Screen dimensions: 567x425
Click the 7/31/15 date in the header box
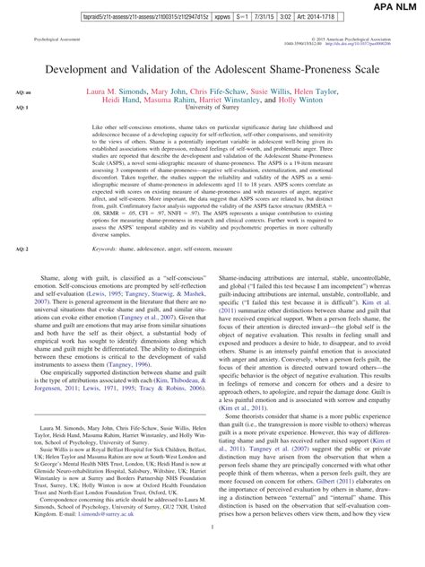[x=261, y=18]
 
